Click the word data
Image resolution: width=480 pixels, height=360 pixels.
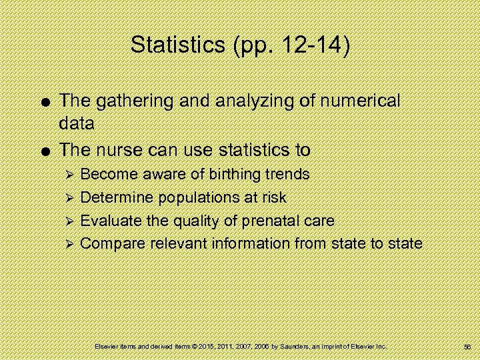click(x=77, y=123)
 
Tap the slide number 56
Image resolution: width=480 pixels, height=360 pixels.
click(x=467, y=347)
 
